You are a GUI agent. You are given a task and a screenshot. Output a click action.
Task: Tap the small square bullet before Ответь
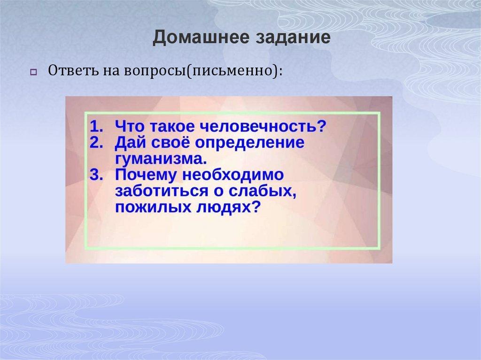click(x=33, y=72)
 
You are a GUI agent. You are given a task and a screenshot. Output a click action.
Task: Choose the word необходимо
click(x=232, y=175)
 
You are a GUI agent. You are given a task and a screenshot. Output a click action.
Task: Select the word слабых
click(x=264, y=191)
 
